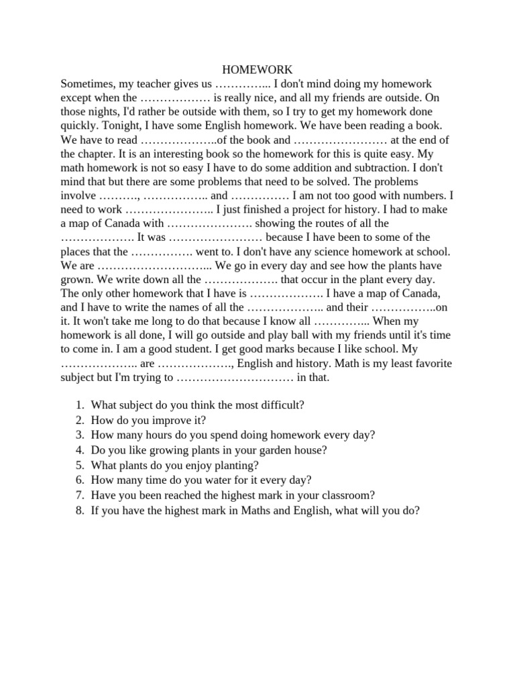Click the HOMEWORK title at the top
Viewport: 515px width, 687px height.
click(257, 70)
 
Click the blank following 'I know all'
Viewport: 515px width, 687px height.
click(342, 321)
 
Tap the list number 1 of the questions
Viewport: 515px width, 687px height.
click(80, 405)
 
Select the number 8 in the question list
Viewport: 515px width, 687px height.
click(80, 510)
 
